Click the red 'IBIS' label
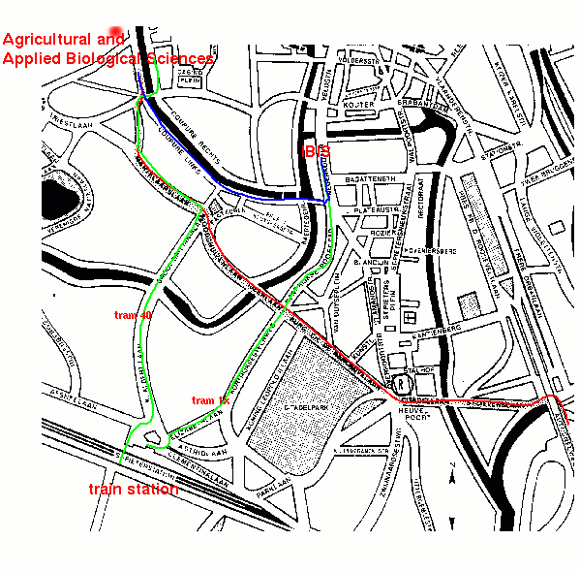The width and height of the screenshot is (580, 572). (317, 151)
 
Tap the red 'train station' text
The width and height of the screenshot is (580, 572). (134, 490)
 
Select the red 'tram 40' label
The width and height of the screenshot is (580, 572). (133, 315)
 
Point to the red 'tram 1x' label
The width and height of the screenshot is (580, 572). (209, 400)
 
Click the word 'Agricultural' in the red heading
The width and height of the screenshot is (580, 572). (62, 40)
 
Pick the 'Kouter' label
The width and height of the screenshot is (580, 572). (358, 104)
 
